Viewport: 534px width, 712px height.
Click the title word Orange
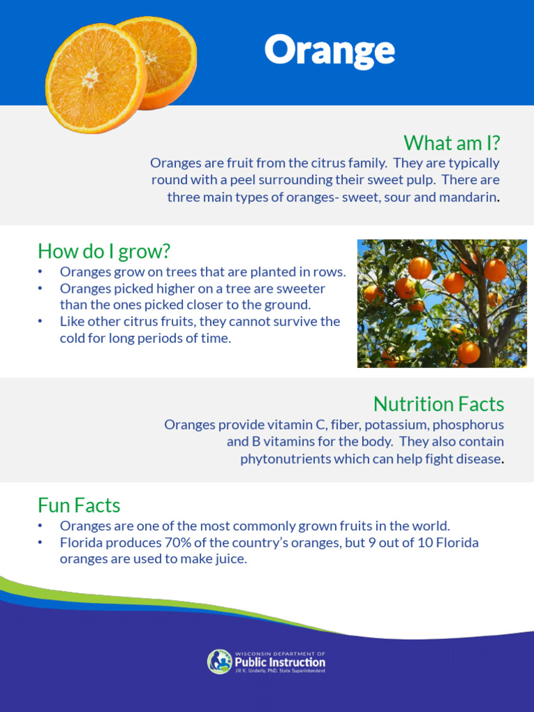[x=329, y=50]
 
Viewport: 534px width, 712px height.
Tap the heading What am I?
[x=452, y=143]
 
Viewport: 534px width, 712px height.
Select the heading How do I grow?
[x=104, y=250]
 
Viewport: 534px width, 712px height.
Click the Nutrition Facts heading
[x=438, y=403]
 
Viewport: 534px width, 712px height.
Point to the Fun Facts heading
[x=79, y=505]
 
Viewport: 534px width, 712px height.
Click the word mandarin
[x=470, y=197]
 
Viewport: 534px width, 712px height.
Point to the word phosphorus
[x=467, y=424]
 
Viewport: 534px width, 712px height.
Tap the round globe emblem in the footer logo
[x=220, y=661]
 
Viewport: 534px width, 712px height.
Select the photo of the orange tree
[x=442, y=303]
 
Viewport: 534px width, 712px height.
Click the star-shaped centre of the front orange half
[x=91, y=77]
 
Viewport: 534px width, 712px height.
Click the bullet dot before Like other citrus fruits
[x=41, y=321]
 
